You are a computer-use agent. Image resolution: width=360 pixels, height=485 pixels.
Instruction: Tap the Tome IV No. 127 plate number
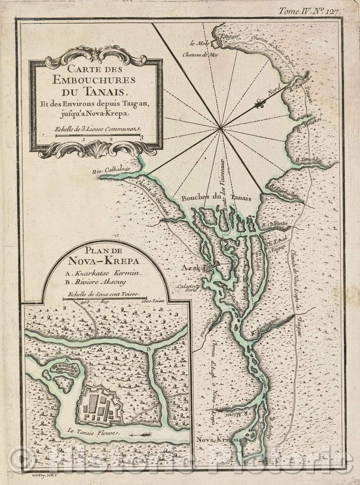pos(309,11)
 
